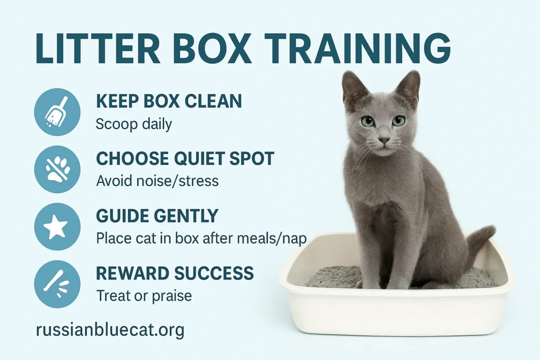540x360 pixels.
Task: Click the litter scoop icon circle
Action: (x=57, y=112)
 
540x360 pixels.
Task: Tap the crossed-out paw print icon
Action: (x=57, y=169)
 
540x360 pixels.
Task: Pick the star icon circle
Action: (x=57, y=227)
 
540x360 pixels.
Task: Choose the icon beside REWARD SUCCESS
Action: (x=57, y=284)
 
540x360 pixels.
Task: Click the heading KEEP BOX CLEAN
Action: (x=169, y=101)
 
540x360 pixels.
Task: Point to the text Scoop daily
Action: (x=133, y=124)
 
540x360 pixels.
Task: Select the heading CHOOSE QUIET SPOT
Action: (x=185, y=159)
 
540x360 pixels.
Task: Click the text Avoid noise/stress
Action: (x=157, y=181)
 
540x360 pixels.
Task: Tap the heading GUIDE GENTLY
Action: (x=157, y=216)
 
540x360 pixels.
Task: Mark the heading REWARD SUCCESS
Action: (x=175, y=273)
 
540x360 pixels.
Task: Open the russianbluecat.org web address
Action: (x=110, y=330)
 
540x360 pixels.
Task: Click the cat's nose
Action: (x=383, y=140)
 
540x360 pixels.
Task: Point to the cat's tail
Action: (x=480, y=245)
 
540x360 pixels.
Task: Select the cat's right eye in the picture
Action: (x=399, y=121)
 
